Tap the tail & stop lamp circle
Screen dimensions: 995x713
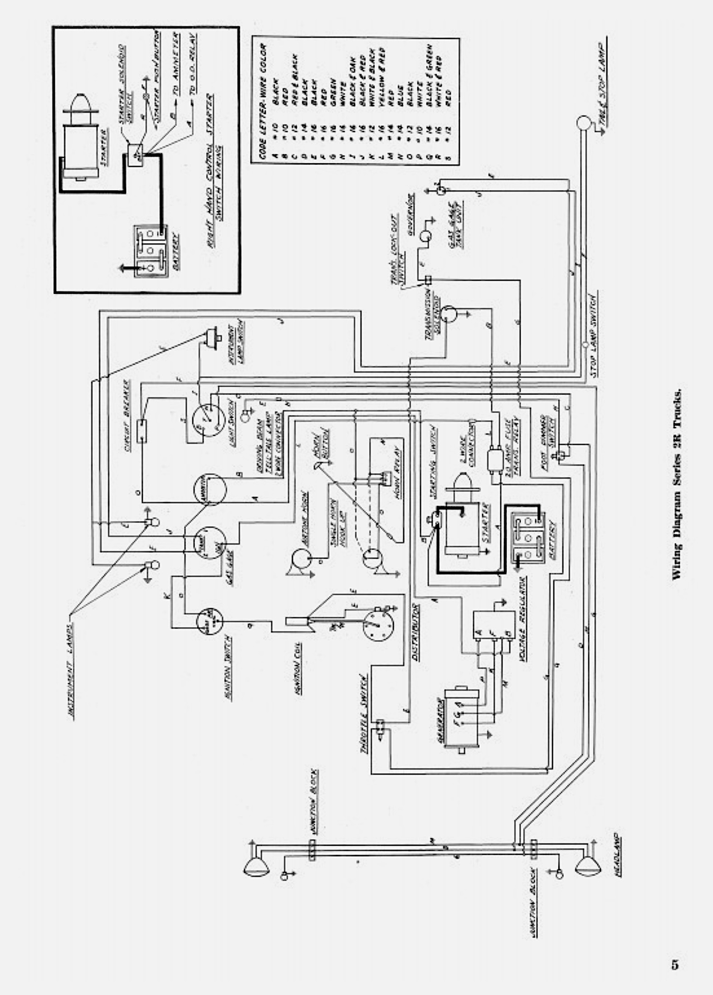pos(582,123)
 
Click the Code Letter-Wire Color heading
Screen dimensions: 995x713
pos(263,100)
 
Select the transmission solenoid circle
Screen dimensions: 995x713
pos(449,313)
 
